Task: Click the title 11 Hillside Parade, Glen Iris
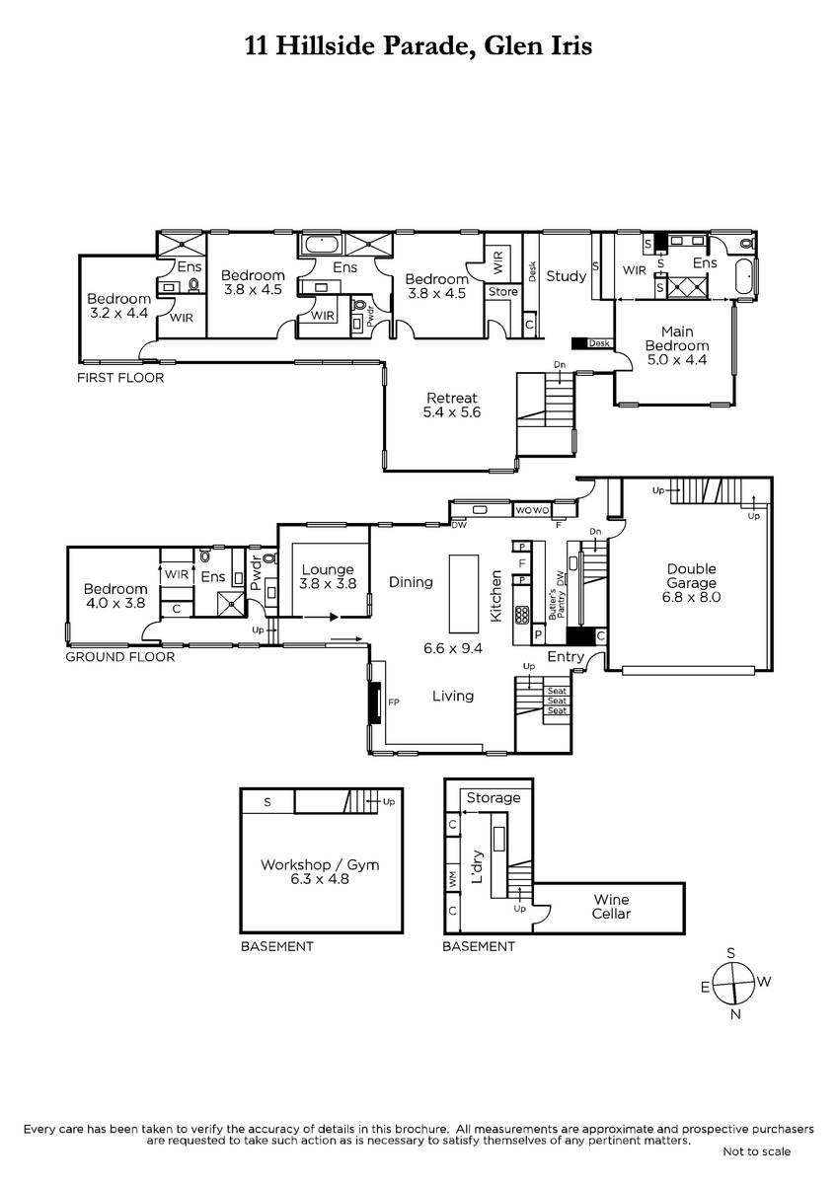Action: pos(418,46)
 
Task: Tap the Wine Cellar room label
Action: pos(611,907)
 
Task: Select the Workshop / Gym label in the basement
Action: pos(320,871)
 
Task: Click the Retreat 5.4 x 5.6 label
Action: pos(451,405)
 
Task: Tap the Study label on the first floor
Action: pos(567,276)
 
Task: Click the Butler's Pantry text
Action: pos(557,604)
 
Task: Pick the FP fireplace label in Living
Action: pos(394,702)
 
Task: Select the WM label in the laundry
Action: pos(453,879)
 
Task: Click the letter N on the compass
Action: pos(735,1014)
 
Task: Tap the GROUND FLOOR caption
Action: pos(120,656)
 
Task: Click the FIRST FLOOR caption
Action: pos(120,377)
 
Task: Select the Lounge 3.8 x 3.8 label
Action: pos(328,576)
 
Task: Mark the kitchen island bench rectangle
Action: pos(464,593)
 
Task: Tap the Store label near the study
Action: pos(502,292)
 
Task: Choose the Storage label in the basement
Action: pos(494,797)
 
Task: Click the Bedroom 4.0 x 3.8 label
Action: pos(115,596)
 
